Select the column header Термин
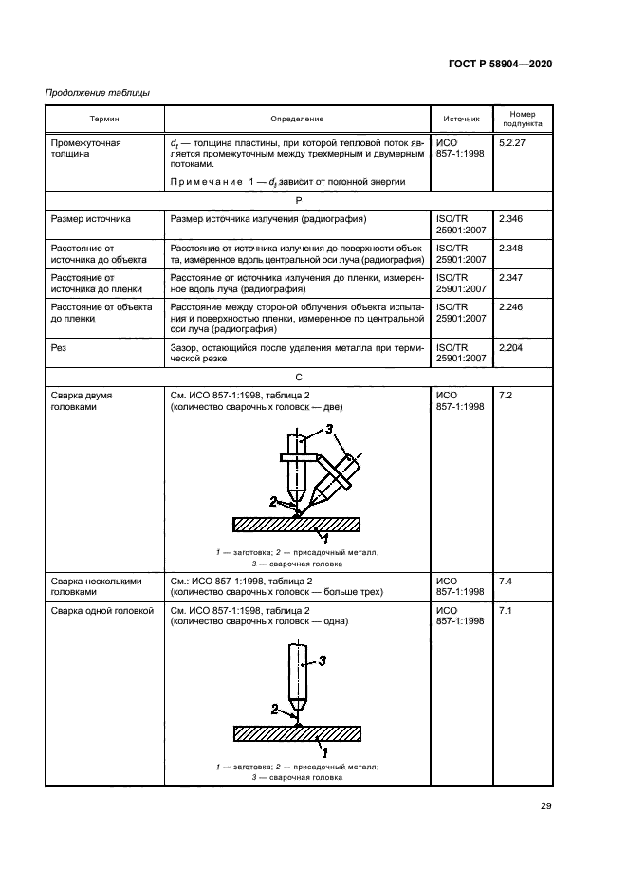tap(104, 119)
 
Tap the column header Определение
tap(297, 119)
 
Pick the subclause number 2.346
tap(510, 219)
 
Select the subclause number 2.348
tap(510, 246)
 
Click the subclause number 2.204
tap(510, 348)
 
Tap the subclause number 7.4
tap(505, 580)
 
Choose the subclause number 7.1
tap(505, 610)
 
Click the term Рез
tap(59, 348)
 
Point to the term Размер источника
tap(91, 219)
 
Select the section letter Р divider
tap(298, 200)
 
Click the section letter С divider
tap(298, 375)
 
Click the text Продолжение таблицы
tap(98, 92)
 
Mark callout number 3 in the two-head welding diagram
tap(329, 430)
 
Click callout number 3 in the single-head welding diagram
tap(323, 660)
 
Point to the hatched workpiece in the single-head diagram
tap(297, 733)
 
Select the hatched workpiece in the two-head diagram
tap(297, 524)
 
